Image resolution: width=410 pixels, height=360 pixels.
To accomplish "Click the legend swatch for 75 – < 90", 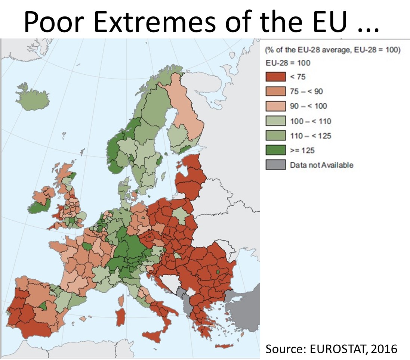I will coord(275,91).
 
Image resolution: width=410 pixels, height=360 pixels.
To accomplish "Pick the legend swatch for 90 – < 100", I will coord(275,106).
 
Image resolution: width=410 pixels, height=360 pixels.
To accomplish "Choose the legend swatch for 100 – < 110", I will coord(275,121).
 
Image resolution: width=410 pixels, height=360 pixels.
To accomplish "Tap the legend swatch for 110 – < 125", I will coord(275,136).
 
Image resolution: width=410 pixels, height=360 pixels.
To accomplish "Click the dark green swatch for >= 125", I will coord(275,150).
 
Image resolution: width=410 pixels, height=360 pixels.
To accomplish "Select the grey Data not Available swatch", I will coord(275,165).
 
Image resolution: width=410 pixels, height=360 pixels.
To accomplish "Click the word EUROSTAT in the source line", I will coord(332,349).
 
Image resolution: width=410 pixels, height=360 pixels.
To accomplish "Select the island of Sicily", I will coord(157,336).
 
